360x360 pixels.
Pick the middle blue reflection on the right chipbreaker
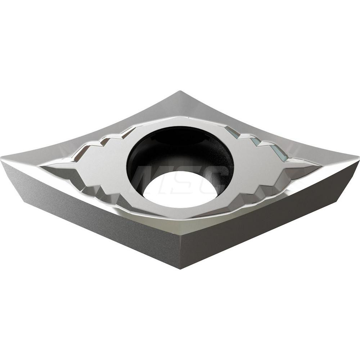pyautogui.click(x=255, y=141)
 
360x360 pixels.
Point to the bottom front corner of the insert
pyautogui.click(x=180, y=269)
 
